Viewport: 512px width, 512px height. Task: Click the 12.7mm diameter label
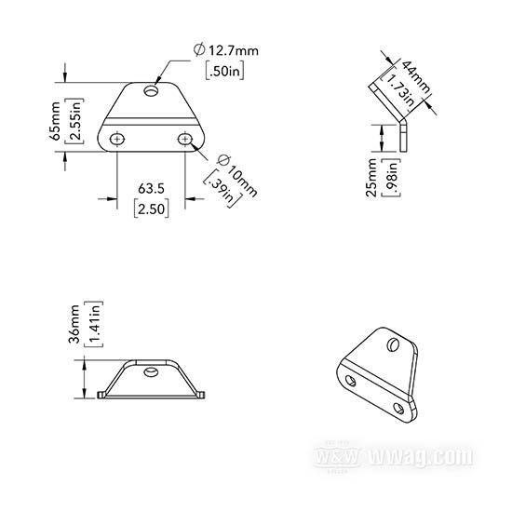[x=225, y=50]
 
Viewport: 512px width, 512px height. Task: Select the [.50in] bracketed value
[x=224, y=71]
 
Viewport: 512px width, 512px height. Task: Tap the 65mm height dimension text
[x=55, y=121]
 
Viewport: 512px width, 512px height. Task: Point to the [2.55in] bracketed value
[x=74, y=121]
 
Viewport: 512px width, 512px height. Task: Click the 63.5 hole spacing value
[x=151, y=189]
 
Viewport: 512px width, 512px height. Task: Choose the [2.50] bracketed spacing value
[x=152, y=209]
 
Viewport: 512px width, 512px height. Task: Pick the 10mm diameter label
[x=237, y=176]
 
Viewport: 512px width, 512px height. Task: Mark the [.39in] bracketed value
[x=223, y=189]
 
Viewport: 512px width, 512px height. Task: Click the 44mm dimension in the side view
[x=416, y=78]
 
